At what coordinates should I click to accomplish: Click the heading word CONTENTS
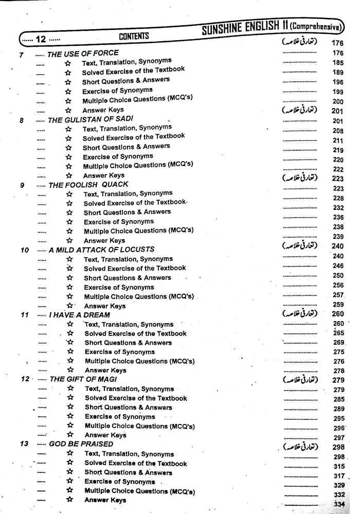[x=134, y=36]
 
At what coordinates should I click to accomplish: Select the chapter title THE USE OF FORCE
[x=83, y=53]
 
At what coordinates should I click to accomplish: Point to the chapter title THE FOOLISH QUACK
[x=88, y=184]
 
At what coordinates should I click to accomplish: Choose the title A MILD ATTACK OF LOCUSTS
[x=101, y=250]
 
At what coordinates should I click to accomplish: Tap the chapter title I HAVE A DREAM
[x=79, y=315]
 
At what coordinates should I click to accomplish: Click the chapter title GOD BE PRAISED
[x=81, y=444]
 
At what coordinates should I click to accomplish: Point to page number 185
[x=338, y=63]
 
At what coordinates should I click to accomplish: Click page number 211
[x=338, y=140]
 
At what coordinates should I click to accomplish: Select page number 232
[x=338, y=208]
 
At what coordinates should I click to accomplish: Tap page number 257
[x=338, y=295]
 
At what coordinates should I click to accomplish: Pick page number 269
[x=338, y=343]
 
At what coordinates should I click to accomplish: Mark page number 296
[x=338, y=428]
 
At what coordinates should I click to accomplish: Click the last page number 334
[x=339, y=504]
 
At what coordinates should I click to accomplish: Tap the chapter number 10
[x=25, y=250]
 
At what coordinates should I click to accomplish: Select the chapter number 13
[x=24, y=444]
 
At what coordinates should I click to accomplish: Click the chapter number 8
[x=22, y=120]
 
